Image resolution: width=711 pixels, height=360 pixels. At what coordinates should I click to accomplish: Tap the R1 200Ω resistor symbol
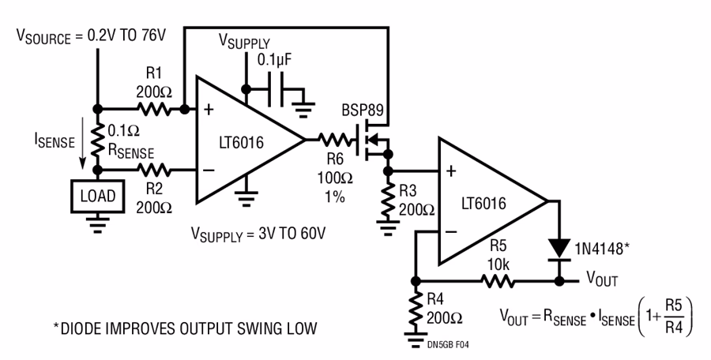pyautogui.click(x=152, y=108)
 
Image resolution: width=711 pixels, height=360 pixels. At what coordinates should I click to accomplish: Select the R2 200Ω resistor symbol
pyautogui.click(x=152, y=170)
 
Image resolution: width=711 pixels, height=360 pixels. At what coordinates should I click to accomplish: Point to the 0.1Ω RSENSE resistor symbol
pyautogui.click(x=97, y=139)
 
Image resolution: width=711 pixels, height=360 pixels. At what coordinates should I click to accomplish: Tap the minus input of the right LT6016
pyautogui.click(x=451, y=232)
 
